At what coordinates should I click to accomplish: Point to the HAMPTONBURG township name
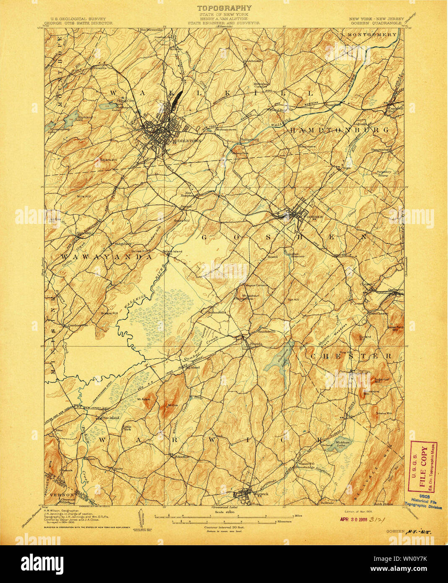[339, 130]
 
